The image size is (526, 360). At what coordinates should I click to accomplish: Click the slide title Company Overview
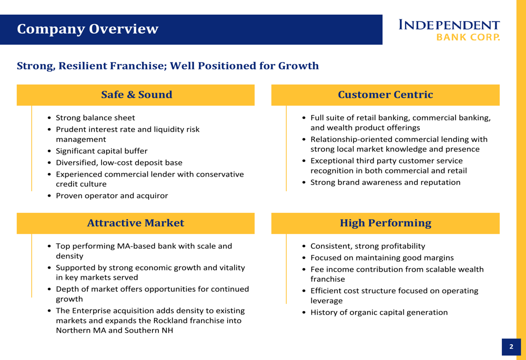click(87, 29)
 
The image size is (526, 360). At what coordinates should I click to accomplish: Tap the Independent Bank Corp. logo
click(449, 30)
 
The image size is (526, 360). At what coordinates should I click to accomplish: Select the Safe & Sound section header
click(136, 95)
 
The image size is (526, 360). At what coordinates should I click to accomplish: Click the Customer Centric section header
click(385, 95)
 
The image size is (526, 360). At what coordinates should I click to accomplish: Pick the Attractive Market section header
click(135, 223)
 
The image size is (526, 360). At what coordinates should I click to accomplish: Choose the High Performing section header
click(385, 223)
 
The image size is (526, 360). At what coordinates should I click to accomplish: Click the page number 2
click(511, 347)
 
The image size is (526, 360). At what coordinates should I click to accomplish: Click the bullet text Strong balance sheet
click(95, 118)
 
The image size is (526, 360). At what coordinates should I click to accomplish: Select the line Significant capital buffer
click(102, 151)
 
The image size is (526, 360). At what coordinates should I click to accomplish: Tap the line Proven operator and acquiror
click(112, 196)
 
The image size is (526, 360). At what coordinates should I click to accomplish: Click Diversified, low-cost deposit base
click(119, 163)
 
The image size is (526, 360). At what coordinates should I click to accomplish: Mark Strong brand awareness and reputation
click(385, 182)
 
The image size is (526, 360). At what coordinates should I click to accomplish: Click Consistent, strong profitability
click(368, 246)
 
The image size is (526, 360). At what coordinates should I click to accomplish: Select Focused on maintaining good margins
click(382, 258)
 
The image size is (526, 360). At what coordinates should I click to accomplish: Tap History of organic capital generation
click(379, 312)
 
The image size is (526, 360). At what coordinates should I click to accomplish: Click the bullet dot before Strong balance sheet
click(49, 118)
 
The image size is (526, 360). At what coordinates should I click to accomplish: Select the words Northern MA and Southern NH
click(114, 331)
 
